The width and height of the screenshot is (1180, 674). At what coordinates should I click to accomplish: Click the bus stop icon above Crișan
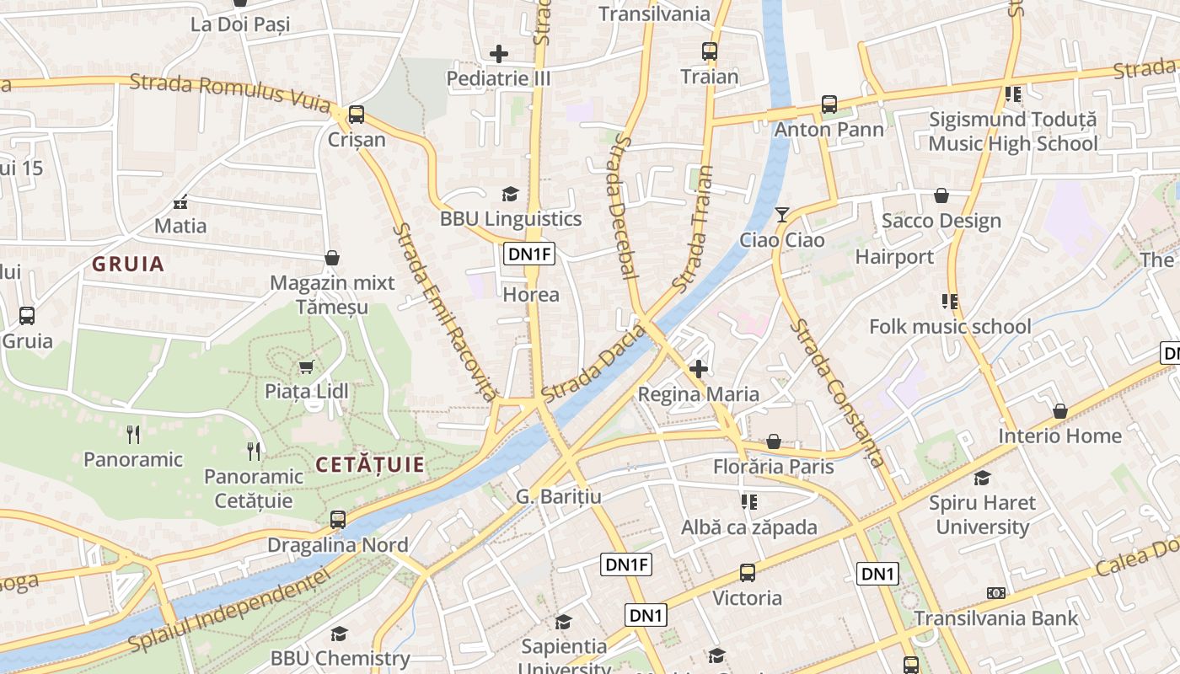(357, 115)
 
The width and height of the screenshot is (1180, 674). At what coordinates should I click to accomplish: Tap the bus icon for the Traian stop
(710, 51)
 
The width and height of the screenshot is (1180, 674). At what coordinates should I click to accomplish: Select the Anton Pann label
(829, 130)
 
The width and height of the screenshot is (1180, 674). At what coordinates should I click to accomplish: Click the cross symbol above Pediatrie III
(499, 54)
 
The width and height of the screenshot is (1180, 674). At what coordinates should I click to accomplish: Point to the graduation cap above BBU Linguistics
(510, 195)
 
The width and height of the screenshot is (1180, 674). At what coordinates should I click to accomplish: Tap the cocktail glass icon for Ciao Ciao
(782, 215)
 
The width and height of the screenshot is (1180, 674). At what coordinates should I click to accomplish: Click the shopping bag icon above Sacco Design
(941, 196)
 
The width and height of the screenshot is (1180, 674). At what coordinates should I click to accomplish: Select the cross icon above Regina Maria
(698, 368)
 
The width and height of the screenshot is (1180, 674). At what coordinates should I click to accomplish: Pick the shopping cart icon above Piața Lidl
(306, 366)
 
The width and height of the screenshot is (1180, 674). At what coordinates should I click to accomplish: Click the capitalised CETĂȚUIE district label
(370, 464)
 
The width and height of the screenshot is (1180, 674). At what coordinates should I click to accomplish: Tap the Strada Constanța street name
(838, 393)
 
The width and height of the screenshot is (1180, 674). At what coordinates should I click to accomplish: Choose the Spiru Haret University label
(983, 515)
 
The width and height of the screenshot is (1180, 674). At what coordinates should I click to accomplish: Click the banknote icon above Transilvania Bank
(996, 593)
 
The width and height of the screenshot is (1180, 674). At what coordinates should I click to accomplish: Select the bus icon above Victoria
(748, 573)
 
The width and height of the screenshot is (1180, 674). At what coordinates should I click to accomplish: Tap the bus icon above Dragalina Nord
(338, 520)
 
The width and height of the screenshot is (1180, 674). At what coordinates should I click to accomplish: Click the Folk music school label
(950, 327)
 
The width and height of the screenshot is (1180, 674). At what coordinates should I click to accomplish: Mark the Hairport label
(894, 257)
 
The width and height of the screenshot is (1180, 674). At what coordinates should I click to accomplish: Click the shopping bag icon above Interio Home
(1060, 411)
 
